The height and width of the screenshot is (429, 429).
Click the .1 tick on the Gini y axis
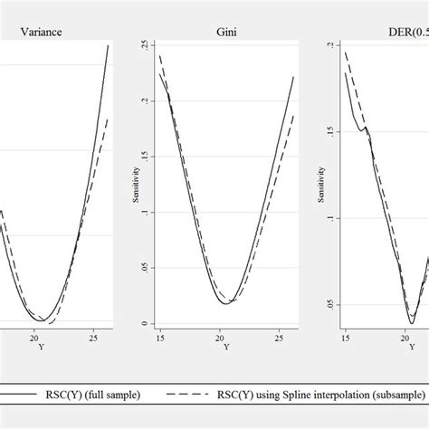click(x=145, y=213)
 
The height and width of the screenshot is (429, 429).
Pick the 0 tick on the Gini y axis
click(x=145, y=324)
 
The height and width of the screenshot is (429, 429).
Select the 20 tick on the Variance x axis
click(x=33, y=338)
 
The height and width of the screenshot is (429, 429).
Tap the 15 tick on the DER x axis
click(x=345, y=338)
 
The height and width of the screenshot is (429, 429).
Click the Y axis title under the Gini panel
click(x=225, y=347)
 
